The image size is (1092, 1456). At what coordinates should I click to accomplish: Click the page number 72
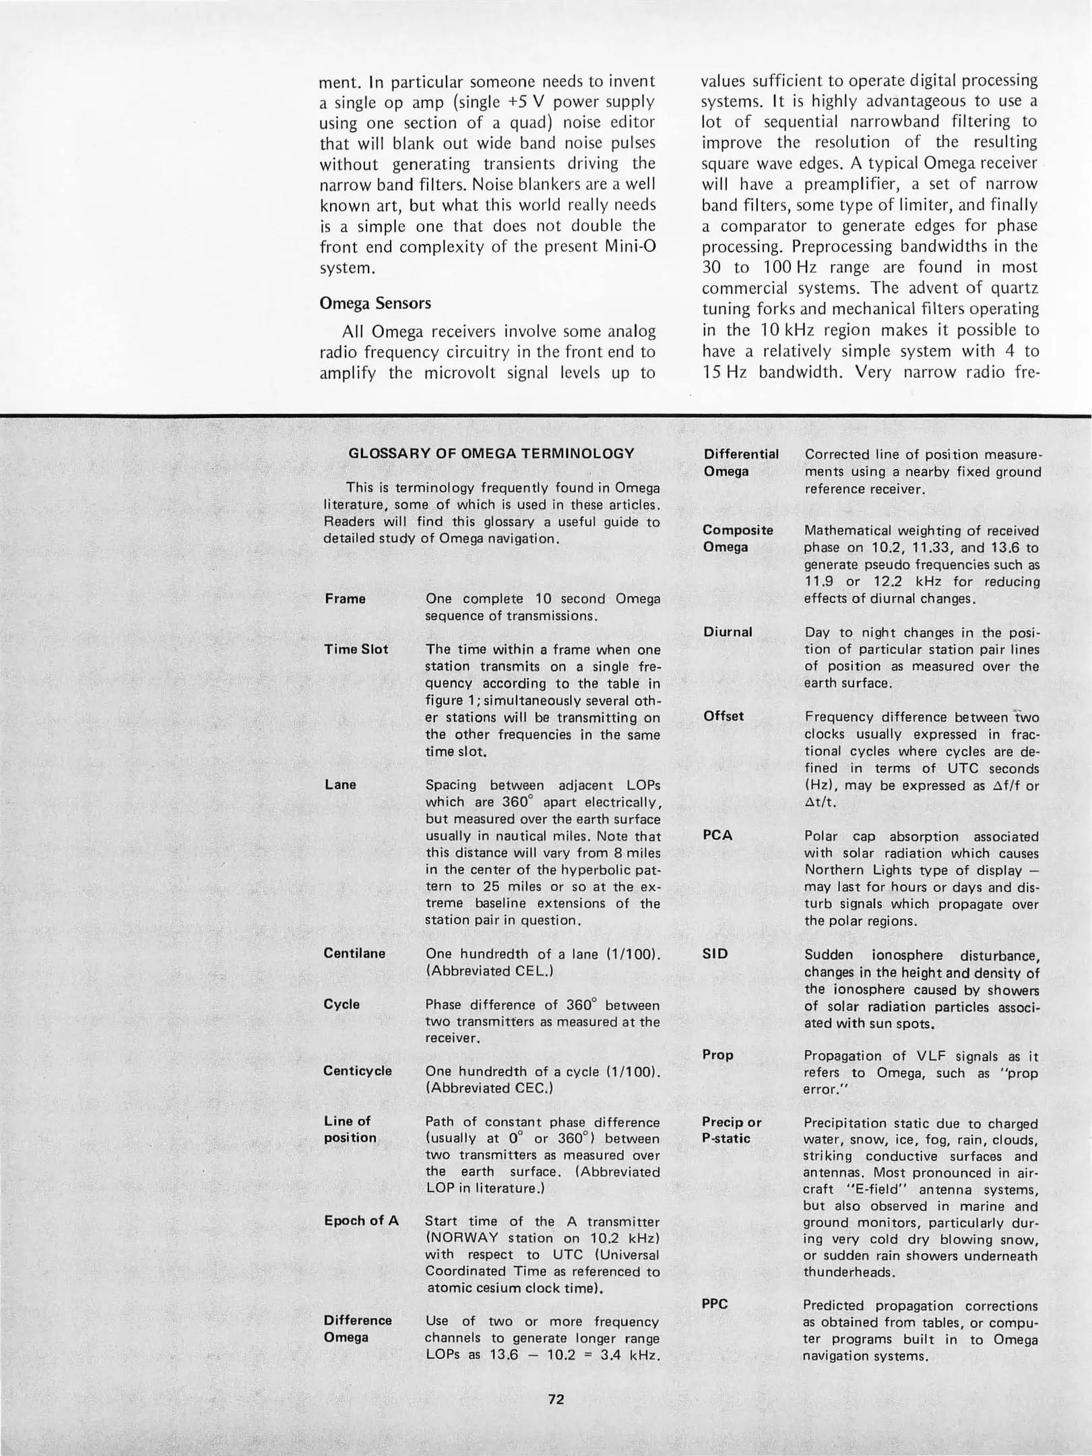click(x=556, y=1399)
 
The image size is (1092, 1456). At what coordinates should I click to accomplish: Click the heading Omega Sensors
click(x=375, y=303)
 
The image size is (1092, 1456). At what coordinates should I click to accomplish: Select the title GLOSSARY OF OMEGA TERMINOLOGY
click(x=491, y=453)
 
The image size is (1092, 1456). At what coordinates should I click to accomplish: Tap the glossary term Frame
click(x=345, y=599)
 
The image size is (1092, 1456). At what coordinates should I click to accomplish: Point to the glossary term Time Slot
click(x=356, y=649)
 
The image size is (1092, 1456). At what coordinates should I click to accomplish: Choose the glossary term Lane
click(x=340, y=785)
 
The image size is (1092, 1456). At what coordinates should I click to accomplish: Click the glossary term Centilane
click(x=354, y=953)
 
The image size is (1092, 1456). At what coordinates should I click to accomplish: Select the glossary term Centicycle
click(x=358, y=1071)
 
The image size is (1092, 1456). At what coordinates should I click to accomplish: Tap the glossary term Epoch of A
click(x=361, y=1221)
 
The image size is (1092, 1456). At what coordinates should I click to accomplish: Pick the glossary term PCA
click(x=717, y=835)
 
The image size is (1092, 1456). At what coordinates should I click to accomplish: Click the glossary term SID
click(x=715, y=954)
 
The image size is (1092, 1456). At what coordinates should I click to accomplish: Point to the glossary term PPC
click(x=715, y=1304)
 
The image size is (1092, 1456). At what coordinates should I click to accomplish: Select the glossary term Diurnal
click(x=728, y=632)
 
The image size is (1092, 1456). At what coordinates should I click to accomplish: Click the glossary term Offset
click(x=724, y=717)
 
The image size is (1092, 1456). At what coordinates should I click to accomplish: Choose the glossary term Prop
click(x=717, y=1055)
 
